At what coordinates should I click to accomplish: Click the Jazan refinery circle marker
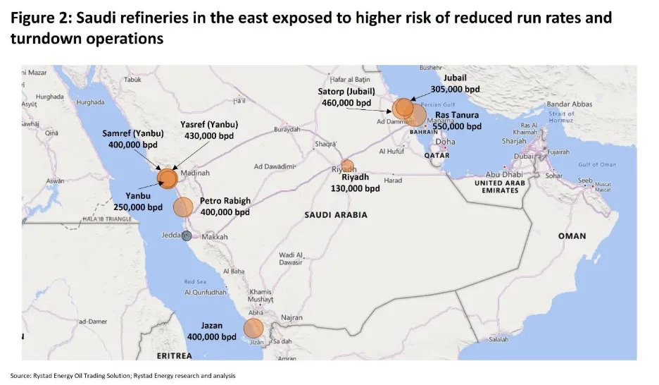click(253, 329)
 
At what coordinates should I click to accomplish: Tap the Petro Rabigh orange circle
click(183, 207)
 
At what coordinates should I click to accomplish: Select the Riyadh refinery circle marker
click(347, 166)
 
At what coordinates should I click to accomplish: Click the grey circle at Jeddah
click(187, 236)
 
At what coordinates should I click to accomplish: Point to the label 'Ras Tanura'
click(457, 115)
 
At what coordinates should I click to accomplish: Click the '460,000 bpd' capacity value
click(346, 102)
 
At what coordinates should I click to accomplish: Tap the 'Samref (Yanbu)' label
click(133, 133)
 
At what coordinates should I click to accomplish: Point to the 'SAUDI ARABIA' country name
click(336, 214)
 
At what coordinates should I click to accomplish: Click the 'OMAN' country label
click(572, 236)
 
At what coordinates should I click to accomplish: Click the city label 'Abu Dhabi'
click(503, 174)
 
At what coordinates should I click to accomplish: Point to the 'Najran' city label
click(291, 318)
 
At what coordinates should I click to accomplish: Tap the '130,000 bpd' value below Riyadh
click(356, 188)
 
